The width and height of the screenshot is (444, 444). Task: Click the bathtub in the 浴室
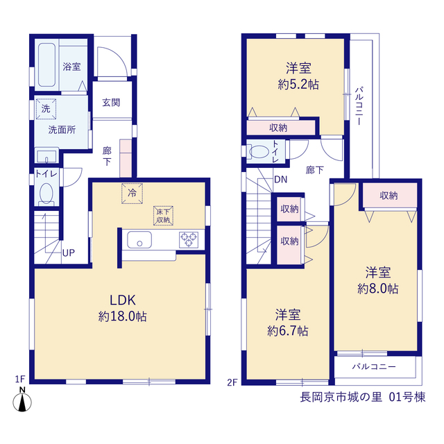coord(46,65)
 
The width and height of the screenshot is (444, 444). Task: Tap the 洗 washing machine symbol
coord(46,109)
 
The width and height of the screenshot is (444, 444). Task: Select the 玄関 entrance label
coord(111,103)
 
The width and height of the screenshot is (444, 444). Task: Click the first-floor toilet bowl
coord(46,194)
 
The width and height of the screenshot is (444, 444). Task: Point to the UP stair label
coord(69,253)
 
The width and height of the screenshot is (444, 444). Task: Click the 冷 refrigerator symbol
coord(132,194)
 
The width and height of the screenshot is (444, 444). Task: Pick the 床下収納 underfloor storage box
coord(163,216)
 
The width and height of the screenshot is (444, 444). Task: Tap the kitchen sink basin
coord(139,239)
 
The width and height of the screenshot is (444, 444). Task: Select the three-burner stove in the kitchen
coord(189,240)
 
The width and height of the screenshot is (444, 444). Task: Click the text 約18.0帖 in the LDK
coord(123,316)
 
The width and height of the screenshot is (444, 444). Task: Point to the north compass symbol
coord(22,400)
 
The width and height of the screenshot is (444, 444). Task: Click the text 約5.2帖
coord(298,85)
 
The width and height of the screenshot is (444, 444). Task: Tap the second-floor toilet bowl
coord(259,152)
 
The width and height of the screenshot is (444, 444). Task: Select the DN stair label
coord(280,180)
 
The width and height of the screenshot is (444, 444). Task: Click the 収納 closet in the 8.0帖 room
coord(388,196)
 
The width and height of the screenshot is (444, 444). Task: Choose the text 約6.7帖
coord(288,331)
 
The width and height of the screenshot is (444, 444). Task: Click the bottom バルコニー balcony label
coord(374,367)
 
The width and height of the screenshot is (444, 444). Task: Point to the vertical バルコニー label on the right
coord(359,106)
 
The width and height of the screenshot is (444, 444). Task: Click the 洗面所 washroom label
coord(62,130)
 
